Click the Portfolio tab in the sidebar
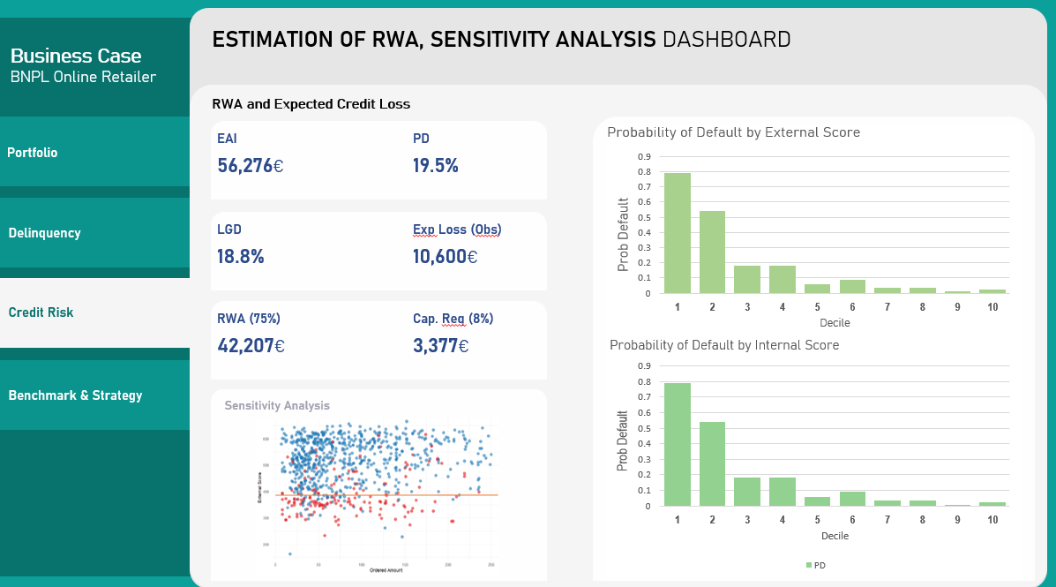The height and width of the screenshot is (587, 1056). pos(33,153)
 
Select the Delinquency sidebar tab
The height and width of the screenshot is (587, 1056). pos(44,233)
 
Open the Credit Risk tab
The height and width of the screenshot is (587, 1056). pos(41,312)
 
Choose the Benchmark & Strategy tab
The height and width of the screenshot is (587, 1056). pos(75,395)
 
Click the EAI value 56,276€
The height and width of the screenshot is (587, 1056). pos(251,166)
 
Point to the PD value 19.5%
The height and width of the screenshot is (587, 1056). pos(436,166)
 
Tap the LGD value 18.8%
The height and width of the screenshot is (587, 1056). pos(241,257)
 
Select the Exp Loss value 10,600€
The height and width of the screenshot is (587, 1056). pos(446,257)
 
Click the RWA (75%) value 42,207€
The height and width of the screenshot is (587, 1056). pos(251,346)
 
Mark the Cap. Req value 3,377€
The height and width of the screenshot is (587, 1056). pos(440,346)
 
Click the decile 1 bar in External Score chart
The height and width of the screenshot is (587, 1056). pos(678,233)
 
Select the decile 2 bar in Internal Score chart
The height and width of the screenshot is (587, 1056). pos(712,464)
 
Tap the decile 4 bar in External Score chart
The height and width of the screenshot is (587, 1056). pos(782,279)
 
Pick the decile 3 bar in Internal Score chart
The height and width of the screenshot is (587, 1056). pos(747,492)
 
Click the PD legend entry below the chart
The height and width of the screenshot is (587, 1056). pos(816,565)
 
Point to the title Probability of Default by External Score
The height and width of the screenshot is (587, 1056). pos(733,132)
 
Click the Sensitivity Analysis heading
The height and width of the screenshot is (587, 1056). pos(277,406)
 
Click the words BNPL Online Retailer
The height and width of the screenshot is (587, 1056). pos(83,77)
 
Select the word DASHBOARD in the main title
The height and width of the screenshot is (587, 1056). pos(726,40)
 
